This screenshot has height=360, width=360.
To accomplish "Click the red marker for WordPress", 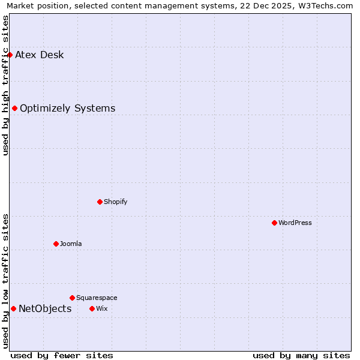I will pos(274,223).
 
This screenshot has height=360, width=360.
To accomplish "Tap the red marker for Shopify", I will pos(100,202).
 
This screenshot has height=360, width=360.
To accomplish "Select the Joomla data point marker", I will pos(56,244).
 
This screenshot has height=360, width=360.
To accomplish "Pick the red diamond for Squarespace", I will pos(72,298).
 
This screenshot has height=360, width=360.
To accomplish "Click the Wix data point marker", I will pos(92,308).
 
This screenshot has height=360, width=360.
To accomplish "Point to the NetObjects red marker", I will pos(13,308).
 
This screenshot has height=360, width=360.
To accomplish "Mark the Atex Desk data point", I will pos(10,55).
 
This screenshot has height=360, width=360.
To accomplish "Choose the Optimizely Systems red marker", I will pos(14,108).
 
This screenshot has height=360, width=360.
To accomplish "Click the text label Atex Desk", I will pos(40,55).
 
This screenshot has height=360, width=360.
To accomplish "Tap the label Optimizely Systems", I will pos(68,109).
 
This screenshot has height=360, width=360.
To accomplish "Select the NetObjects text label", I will pos(45,309).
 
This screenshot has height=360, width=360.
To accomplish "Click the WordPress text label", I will pos(295,223).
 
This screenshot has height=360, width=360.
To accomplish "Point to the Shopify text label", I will pos(116,202).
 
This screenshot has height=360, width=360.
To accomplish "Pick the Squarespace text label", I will pos(97,298).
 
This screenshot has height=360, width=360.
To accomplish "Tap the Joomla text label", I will pos(71,244).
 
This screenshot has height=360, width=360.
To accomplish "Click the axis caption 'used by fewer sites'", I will pos(62,355).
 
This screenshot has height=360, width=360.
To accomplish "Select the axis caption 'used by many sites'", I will pos(301,355).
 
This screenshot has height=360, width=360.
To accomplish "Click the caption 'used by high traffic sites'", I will pos(5,85).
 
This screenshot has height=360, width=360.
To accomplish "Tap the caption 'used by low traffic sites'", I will pos(5,281).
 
